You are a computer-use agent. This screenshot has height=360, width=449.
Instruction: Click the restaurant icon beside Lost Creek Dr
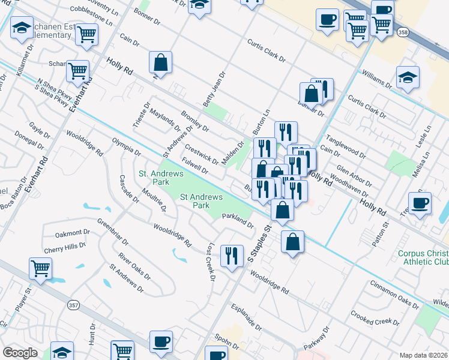pos(231,256)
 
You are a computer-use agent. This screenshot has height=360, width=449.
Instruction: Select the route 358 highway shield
pos(403,32)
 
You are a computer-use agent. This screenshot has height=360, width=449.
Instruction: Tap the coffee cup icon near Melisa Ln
pos(420,203)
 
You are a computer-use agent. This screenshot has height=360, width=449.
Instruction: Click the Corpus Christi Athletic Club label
pos(423,257)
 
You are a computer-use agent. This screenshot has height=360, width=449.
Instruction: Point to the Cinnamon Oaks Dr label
pos(394,294)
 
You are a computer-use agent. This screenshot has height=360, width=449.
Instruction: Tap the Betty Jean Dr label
pos(214,90)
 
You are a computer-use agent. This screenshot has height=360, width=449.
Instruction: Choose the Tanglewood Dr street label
pos(346,146)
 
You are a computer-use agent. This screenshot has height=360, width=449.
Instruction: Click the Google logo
pos(20,353)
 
